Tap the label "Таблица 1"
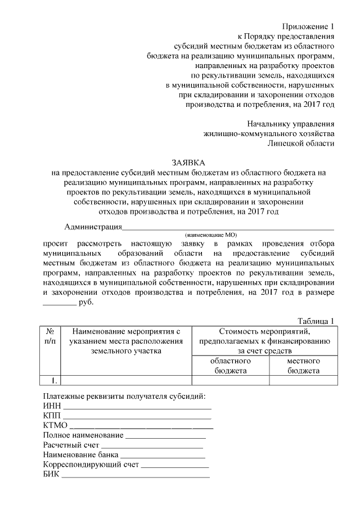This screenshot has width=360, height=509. (x=316, y=320)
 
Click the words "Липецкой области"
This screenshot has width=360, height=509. (x=301, y=143)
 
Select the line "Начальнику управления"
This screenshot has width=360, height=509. (x=291, y=123)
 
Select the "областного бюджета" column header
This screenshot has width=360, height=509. (x=229, y=366)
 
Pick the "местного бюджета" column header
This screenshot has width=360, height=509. (x=303, y=366)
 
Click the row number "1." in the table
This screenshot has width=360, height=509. (x=49, y=380)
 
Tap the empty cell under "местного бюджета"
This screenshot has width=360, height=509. (x=303, y=380)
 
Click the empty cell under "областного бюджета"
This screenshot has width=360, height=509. (x=229, y=380)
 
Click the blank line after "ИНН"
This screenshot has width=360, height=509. (x=137, y=407)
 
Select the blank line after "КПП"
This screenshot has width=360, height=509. (x=137, y=417)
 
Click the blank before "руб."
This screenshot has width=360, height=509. (x=59, y=303)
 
